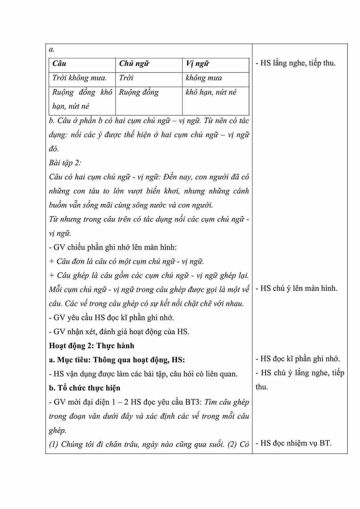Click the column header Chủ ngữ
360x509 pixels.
[134, 64]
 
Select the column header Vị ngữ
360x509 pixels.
[197, 64]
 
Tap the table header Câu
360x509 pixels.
[60, 64]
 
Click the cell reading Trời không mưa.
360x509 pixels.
[80, 78]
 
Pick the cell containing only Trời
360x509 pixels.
[126, 78]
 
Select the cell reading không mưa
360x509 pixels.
[204, 78]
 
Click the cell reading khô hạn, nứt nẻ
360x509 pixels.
[211, 92]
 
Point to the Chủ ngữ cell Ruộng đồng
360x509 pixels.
[139, 92]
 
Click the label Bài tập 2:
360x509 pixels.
[65, 163]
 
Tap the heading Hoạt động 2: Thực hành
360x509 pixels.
[91, 346]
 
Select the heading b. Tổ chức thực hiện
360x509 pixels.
[85, 388]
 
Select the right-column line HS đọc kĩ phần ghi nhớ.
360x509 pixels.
[298, 359]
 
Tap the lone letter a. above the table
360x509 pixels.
[52, 49]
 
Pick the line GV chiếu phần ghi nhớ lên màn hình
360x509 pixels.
[113, 247]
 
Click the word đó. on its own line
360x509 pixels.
[54, 149]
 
